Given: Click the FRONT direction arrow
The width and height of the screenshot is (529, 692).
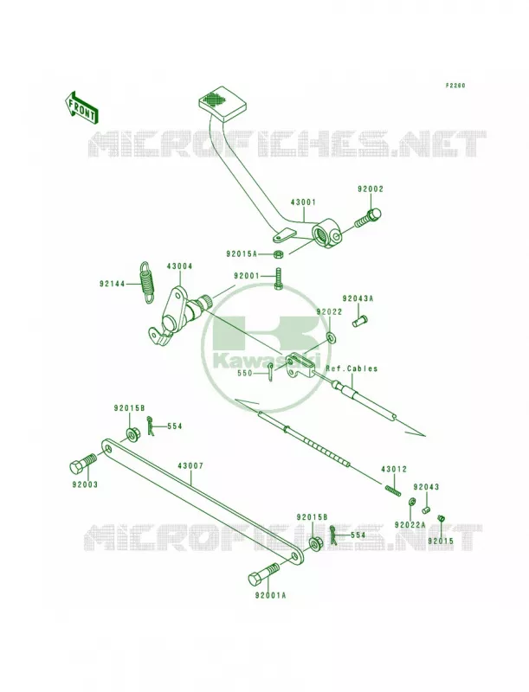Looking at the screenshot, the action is pos(81,107).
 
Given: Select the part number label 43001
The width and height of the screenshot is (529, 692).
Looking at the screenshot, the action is pos(303,202).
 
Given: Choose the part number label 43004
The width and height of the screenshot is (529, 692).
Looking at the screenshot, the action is pos(180,266).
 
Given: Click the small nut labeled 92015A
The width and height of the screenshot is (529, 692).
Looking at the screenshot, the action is pos(278,254).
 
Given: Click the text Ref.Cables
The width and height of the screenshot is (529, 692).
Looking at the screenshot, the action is pos(352,368).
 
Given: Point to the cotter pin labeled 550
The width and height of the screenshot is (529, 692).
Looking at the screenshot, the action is pos(271,371).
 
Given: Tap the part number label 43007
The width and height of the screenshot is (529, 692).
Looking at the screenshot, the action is pos(190,466).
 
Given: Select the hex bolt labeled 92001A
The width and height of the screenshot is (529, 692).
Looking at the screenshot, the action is pos(263,573).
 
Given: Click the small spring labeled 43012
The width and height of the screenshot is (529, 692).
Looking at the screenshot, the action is pos(392,490).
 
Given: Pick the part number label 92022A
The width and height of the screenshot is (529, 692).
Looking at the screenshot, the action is pos(410,525).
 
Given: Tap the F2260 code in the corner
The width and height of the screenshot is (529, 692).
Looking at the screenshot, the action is pos(455,86).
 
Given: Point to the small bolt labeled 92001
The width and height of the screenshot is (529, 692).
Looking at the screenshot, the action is pos(278,279).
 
